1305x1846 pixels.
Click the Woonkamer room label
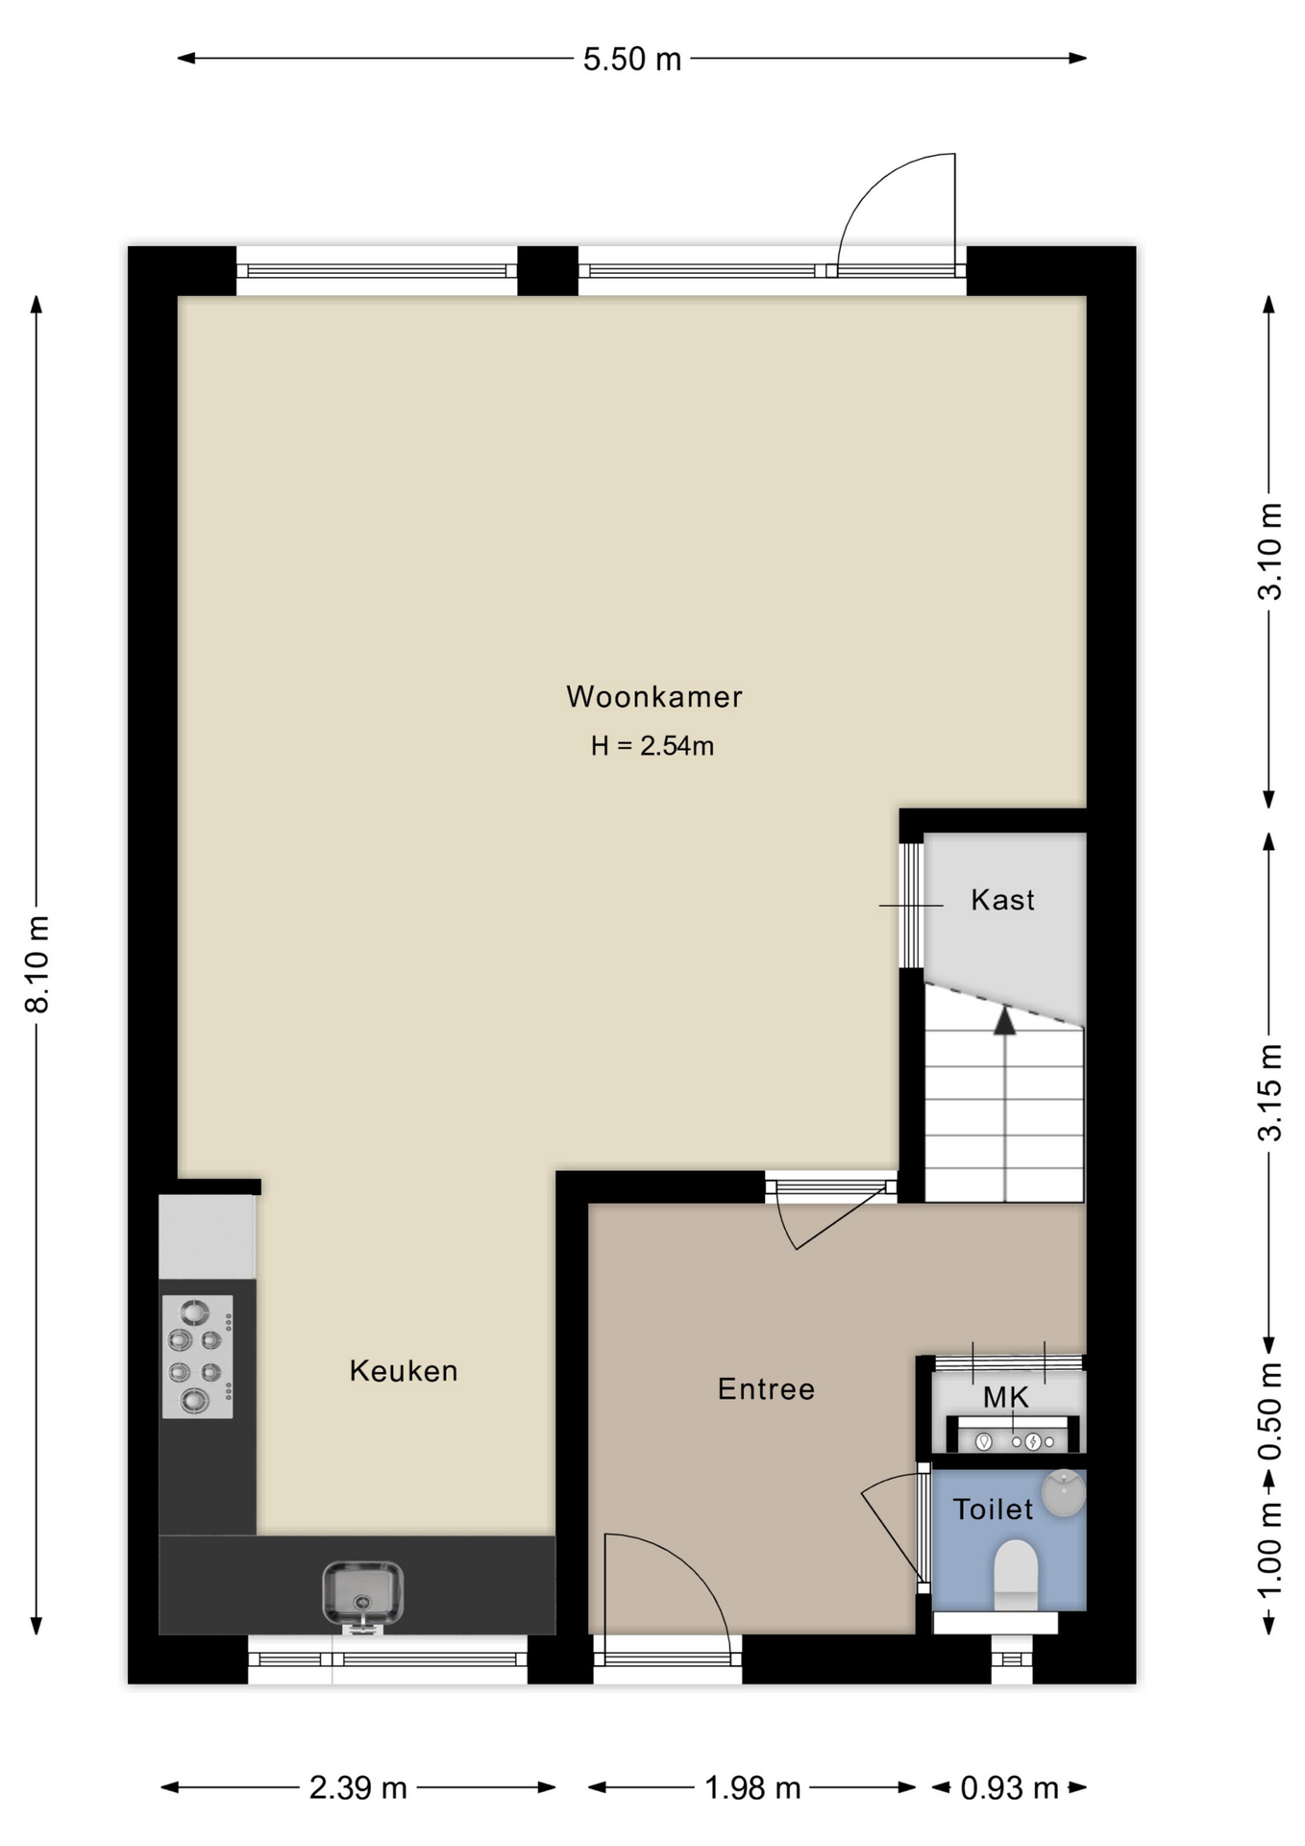[x=653, y=696]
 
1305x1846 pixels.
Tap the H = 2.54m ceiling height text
[x=652, y=746]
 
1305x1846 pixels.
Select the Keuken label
[x=404, y=1370]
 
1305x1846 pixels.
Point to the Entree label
[x=766, y=1388]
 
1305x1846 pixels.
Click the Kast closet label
[x=1003, y=900]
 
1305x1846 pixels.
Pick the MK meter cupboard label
[x=1006, y=1397]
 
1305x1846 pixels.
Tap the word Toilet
[x=993, y=1509]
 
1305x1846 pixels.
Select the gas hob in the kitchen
[x=197, y=1357]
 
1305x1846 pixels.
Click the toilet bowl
[x=1016, y=1575]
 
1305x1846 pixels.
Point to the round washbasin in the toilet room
[x=1064, y=1493]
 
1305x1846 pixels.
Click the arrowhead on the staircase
[x=1004, y=1020]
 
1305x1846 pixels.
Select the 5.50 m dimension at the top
[x=632, y=60]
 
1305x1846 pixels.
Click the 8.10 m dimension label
[x=37, y=964]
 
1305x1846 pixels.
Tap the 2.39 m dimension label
[x=358, y=1787]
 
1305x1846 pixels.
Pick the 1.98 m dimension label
[x=752, y=1787]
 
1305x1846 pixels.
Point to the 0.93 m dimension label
[x=1009, y=1787]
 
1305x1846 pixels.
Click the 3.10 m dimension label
[x=1269, y=551]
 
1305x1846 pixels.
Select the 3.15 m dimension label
[x=1269, y=1092]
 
